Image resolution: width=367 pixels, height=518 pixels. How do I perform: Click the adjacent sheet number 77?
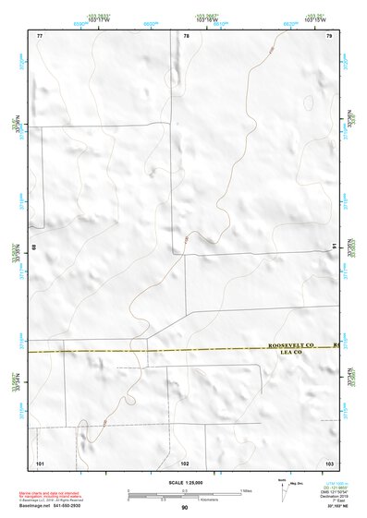coord(40,35)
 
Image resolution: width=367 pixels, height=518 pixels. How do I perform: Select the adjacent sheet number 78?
coord(186,35)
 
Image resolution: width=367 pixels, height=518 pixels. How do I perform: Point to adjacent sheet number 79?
coord(329,35)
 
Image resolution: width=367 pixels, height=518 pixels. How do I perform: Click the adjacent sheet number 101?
coord(40,461)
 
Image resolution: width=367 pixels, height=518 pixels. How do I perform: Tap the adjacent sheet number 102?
coord(185,461)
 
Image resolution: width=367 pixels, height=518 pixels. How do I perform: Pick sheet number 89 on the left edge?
coord(34,247)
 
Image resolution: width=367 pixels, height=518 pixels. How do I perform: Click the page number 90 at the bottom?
coord(185,507)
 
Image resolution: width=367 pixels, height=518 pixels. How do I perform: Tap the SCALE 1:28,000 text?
coord(185,482)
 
